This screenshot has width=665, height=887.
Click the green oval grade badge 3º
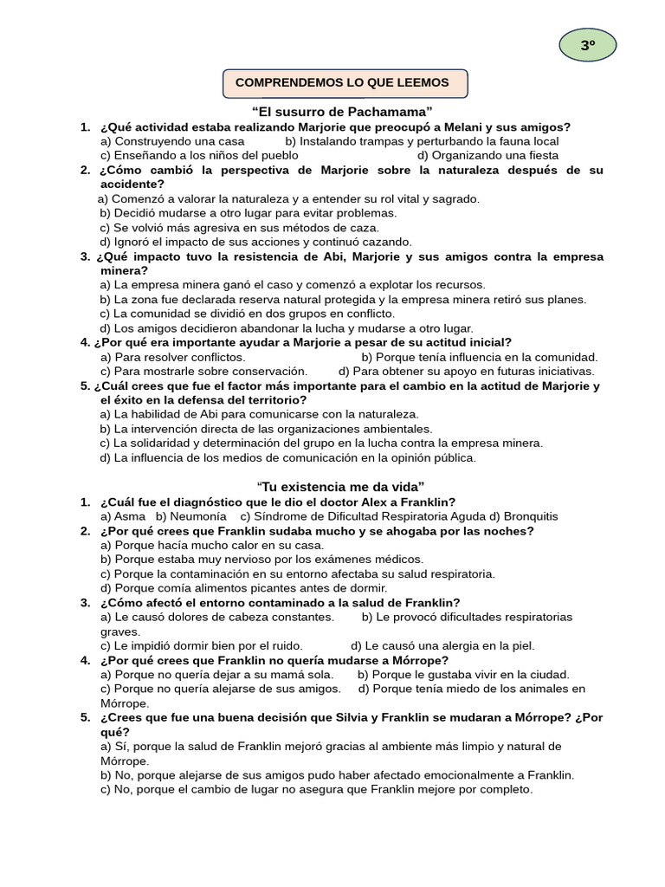pyautogui.click(x=588, y=46)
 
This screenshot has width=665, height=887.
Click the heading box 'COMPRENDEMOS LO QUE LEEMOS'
pyautogui.click(x=345, y=83)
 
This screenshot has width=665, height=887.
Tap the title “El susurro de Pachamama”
pyautogui.click(x=342, y=112)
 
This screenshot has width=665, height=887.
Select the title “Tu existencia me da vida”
pyautogui.click(x=340, y=486)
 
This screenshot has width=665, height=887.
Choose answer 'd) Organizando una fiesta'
pyautogui.click(x=487, y=155)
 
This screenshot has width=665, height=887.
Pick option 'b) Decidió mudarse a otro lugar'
pyautogui.click(x=249, y=213)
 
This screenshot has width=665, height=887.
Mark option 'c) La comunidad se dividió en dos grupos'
pyautogui.click(x=247, y=314)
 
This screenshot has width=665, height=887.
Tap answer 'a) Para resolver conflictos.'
pyautogui.click(x=173, y=357)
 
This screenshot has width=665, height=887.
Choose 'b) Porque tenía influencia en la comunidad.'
pyautogui.click(x=480, y=357)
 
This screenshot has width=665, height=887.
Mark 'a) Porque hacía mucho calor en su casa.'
pyautogui.click(x=212, y=545)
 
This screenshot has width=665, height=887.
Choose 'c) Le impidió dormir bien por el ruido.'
pyautogui.click(x=202, y=645)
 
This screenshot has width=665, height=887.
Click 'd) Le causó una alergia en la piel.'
pyautogui.click(x=442, y=645)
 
